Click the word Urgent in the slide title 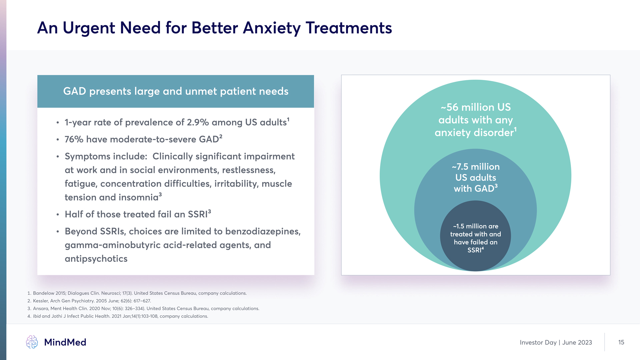(x=89, y=28)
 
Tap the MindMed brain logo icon (x=32, y=342)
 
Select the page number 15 (x=621, y=342)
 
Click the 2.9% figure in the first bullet (x=198, y=122)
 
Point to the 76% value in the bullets (x=74, y=139)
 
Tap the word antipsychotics (x=96, y=259)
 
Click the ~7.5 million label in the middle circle (x=476, y=167)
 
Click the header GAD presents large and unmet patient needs (x=176, y=91)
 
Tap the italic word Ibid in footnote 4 (x=37, y=316)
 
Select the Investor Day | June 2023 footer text (x=556, y=343)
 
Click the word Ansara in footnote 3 (x=41, y=309)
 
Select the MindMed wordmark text (x=65, y=342)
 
